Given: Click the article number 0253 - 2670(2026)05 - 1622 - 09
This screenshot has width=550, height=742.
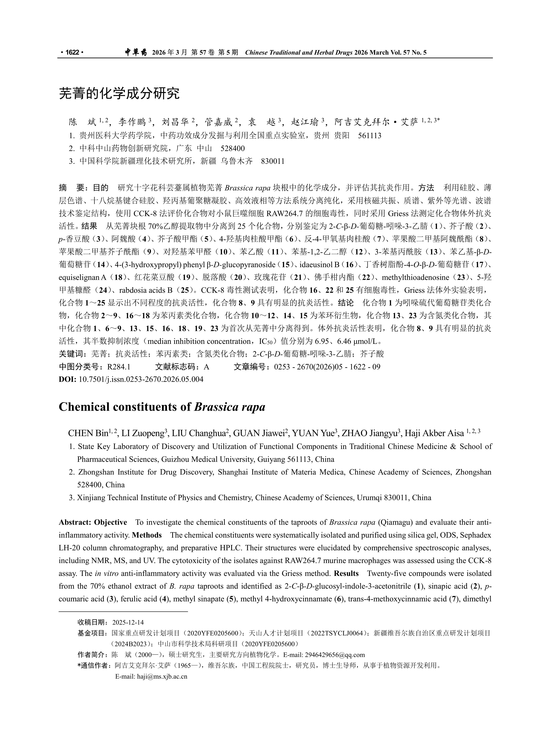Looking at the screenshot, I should (x=327, y=367).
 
